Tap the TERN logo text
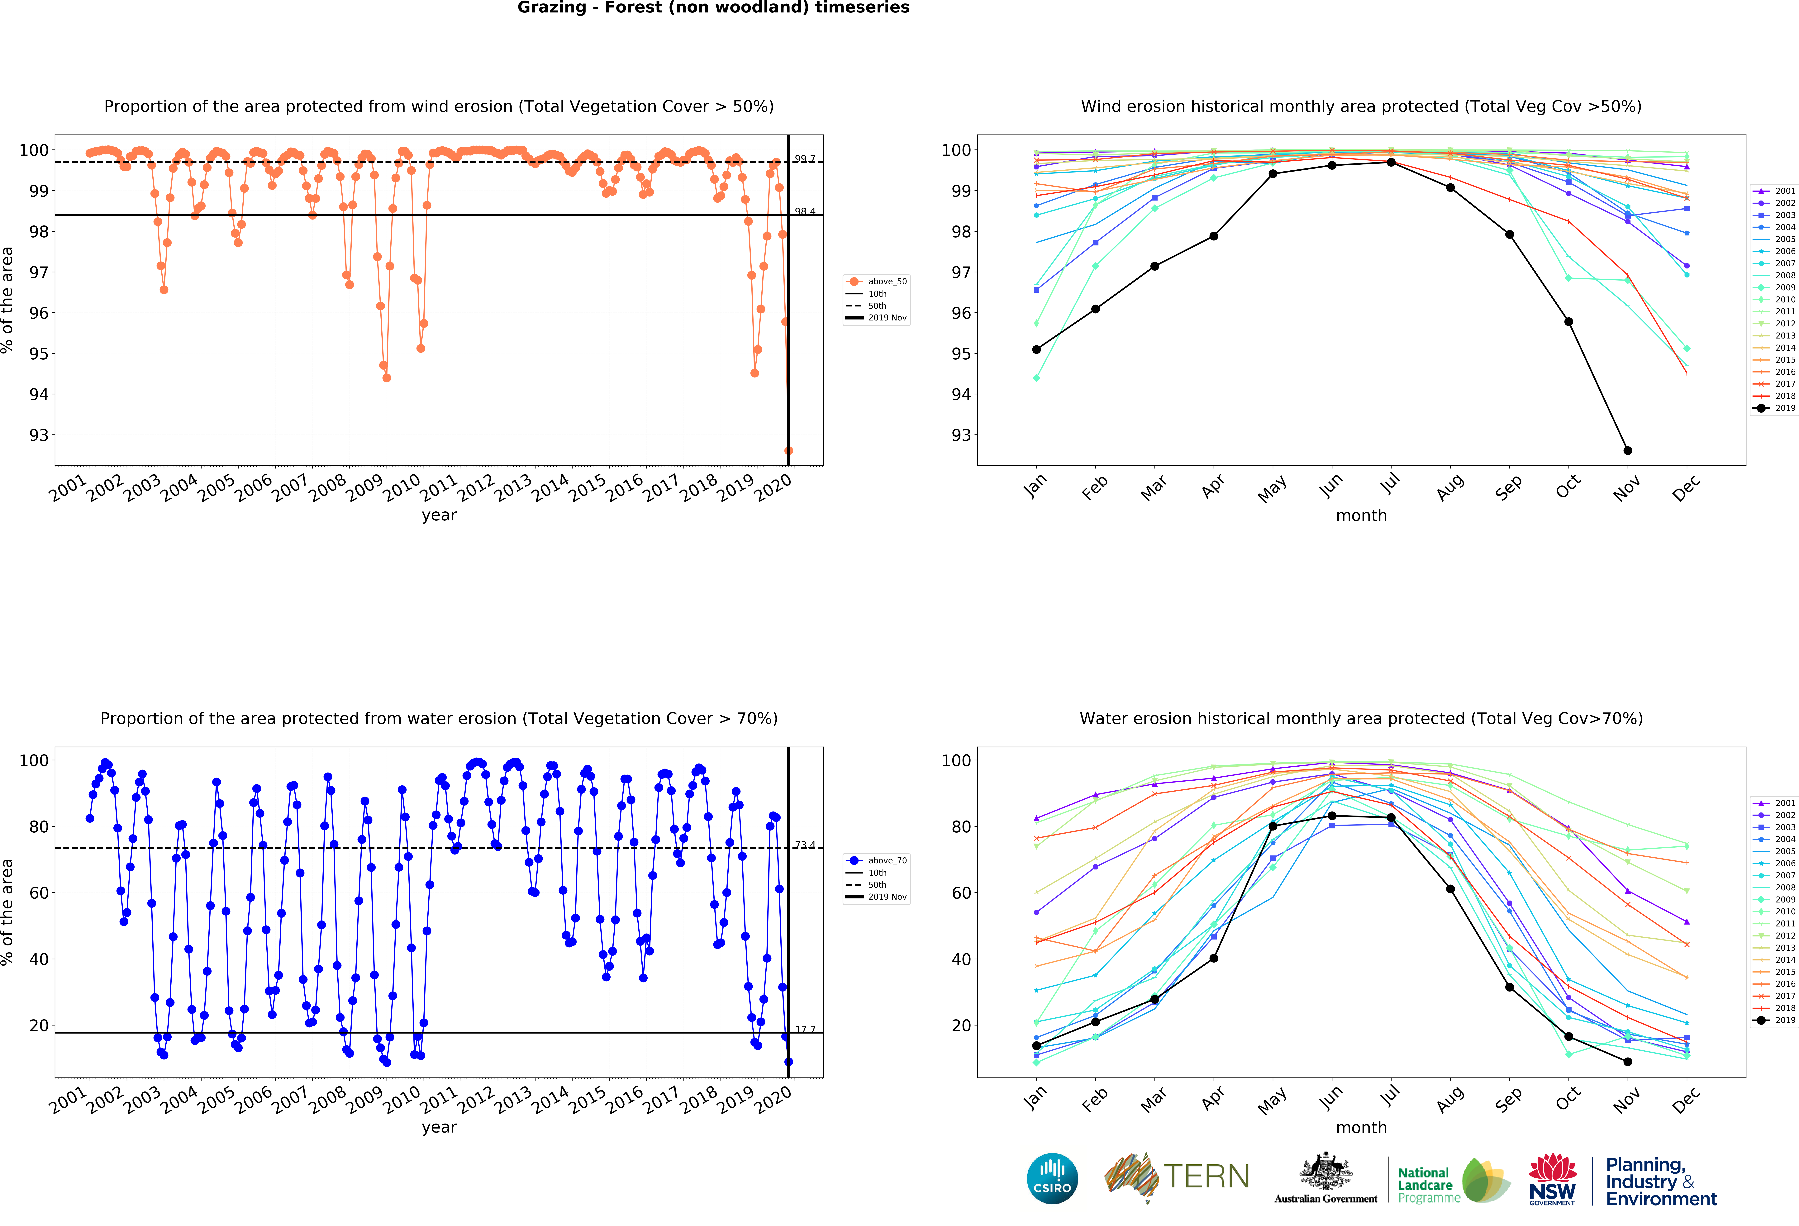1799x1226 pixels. (1206, 1176)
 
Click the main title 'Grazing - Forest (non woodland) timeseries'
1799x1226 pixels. (713, 8)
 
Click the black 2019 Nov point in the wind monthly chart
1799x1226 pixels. (1627, 450)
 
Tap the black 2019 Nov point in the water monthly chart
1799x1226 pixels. (1627, 1062)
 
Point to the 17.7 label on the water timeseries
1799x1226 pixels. (805, 1030)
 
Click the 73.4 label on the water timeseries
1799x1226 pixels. (805, 845)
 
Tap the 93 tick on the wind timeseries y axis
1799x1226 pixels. (39, 435)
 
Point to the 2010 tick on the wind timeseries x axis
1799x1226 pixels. (402, 488)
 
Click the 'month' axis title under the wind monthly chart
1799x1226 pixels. (1361, 515)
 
